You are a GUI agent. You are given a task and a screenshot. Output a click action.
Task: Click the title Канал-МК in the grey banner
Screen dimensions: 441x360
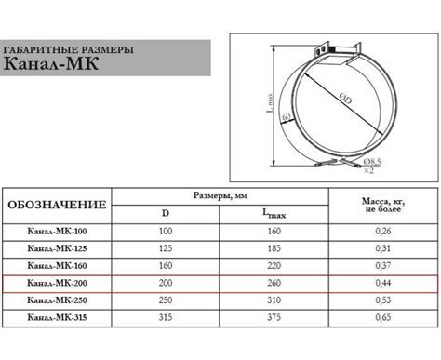[51, 63]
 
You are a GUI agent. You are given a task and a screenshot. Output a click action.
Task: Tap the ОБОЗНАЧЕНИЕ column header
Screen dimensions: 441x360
[57, 205]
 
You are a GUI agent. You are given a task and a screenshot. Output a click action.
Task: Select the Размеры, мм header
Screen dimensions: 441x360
[220, 196]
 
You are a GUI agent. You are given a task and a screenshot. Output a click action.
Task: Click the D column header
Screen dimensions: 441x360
[166, 213]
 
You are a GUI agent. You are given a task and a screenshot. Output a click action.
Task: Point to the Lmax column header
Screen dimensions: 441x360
[274, 214]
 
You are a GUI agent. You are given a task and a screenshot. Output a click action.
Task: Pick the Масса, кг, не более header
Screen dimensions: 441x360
[383, 205]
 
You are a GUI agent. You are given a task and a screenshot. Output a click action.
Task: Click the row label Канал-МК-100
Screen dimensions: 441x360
[57, 232]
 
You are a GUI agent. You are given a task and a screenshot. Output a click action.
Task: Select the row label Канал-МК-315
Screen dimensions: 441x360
[57, 317]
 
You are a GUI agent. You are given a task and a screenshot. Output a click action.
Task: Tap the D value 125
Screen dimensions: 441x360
[166, 248]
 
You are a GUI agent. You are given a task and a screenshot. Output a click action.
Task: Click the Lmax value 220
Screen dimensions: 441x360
[274, 266]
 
